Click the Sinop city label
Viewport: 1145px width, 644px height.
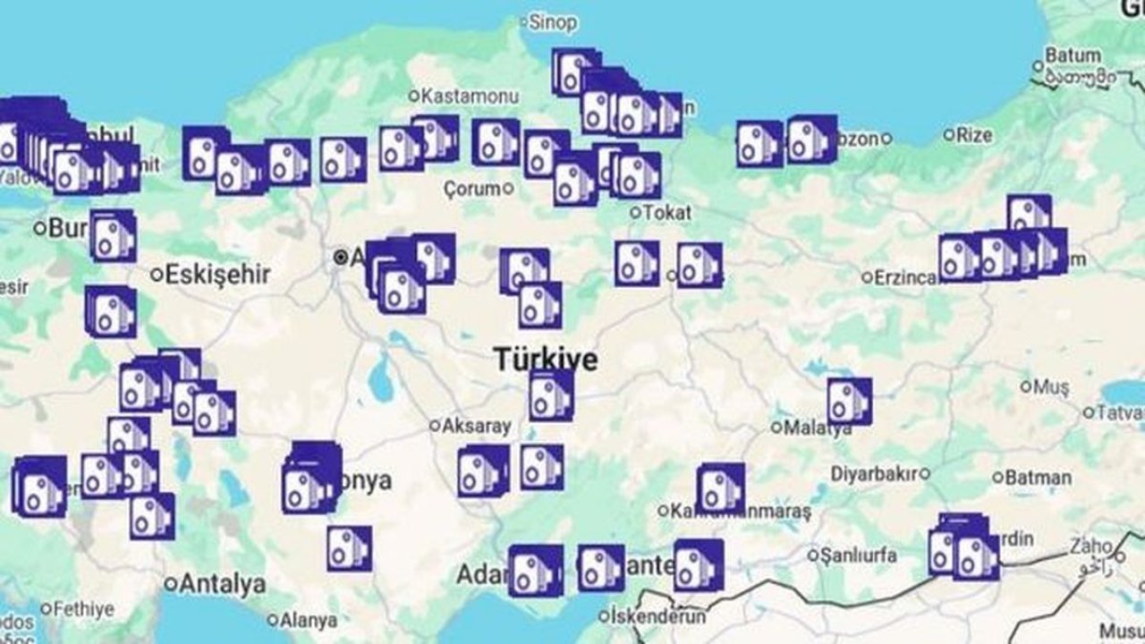tap(552, 21)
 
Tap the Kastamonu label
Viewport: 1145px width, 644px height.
tap(458, 95)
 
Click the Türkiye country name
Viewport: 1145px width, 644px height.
tap(546, 360)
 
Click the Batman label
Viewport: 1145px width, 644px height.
tap(1038, 478)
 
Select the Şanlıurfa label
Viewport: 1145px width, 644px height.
tap(859, 555)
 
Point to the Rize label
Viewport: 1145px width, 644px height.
tap(973, 135)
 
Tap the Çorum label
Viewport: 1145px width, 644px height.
tap(472, 189)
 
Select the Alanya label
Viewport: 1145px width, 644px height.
tap(308, 620)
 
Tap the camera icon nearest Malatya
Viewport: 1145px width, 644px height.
tap(848, 402)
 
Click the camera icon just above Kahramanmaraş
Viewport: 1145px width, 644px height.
tap(720, 487)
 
